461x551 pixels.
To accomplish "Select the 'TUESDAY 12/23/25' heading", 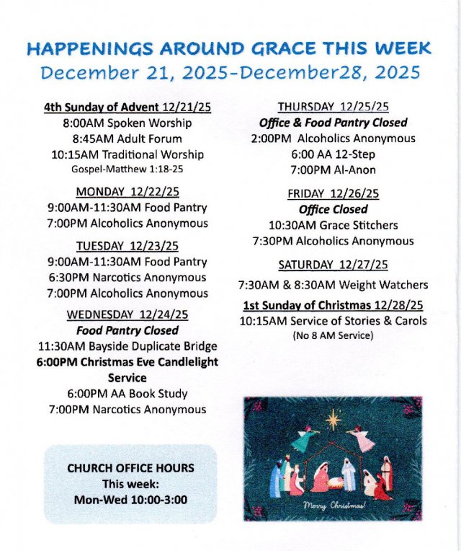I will pos(127,246).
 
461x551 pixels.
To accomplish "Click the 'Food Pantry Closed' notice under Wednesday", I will pos(127,330).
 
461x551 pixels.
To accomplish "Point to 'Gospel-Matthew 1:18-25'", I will pos(127,169).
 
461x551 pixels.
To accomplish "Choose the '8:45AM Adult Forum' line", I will pos(127,138).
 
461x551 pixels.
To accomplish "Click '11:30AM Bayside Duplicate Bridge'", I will pos(127,346).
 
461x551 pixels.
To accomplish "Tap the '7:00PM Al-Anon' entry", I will pos(333,170).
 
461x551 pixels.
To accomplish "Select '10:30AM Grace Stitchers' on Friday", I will pos(333,225).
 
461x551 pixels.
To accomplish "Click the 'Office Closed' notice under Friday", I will pos(333,209).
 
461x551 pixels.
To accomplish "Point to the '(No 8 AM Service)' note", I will pos(333,336).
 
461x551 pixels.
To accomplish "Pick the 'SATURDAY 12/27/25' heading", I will pos(333,265).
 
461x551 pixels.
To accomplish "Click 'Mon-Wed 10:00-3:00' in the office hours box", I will pos(130,499).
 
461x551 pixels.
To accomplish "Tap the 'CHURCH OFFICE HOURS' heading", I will pos(130,468).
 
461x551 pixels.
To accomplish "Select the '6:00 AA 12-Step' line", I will pos(333,154).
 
